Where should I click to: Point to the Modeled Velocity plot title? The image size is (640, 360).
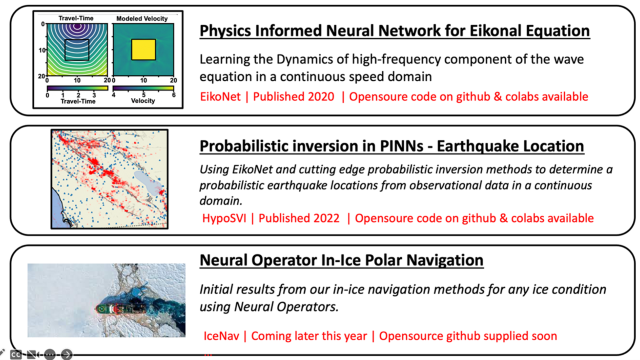click(x=144, y=16)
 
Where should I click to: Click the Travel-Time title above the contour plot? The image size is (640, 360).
click(x=77, y=16)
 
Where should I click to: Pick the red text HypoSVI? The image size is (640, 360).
click(x=227, y=218)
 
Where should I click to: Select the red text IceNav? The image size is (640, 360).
click(x=225, y=336)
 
